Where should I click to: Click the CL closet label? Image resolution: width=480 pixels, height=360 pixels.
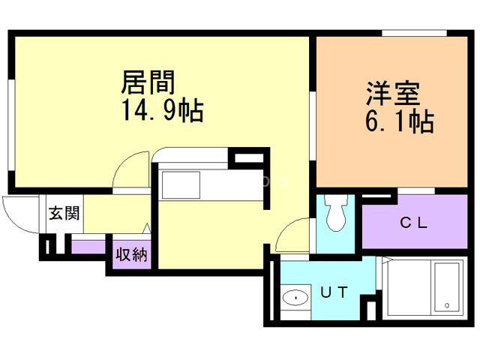412,222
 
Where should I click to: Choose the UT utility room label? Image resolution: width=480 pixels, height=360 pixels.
334,293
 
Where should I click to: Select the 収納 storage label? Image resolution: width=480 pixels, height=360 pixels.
131,254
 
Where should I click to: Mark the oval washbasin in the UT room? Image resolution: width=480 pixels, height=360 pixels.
295,298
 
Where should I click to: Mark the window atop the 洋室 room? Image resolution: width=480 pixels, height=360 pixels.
415,32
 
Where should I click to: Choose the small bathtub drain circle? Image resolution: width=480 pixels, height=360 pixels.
447,306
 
